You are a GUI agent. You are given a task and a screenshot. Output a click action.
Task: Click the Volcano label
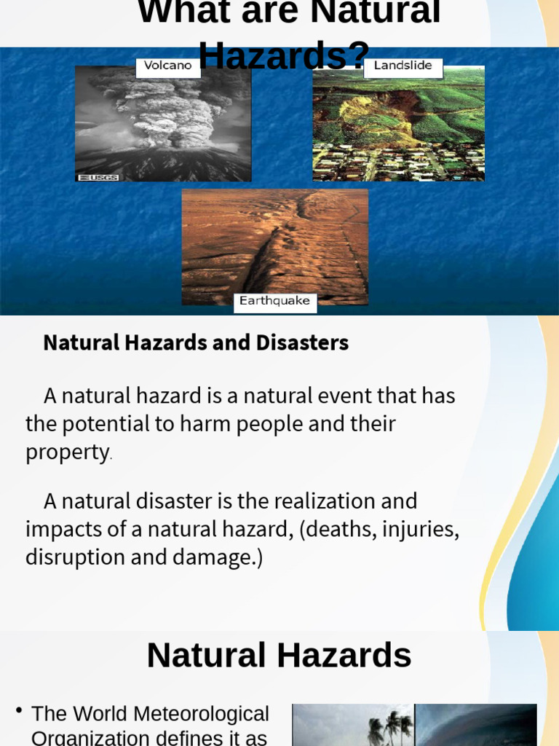[x=167, y=66]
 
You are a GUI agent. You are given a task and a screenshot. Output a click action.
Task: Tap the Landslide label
[x=403, y=66]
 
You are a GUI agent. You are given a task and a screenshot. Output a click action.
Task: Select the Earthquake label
[x=274, y=302]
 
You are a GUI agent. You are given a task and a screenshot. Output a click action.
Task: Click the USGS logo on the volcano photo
[x=98, y=177]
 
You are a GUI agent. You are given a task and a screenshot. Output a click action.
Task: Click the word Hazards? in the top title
[x=284, y=55]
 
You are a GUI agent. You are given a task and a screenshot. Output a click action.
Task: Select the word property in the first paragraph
[x=67, y=452]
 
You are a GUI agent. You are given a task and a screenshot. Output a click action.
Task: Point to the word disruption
[x=69, y=557]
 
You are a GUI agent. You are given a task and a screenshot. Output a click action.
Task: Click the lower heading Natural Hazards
[x=279, y=655]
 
